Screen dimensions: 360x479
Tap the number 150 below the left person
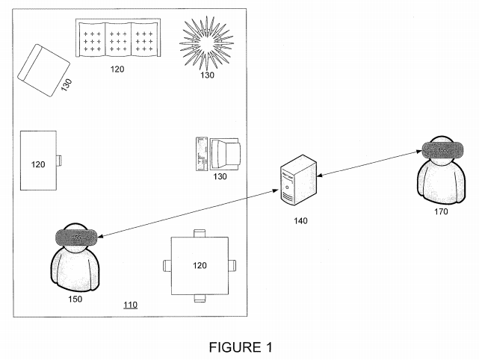click(75, 300)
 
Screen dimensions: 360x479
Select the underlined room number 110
click(130, 305)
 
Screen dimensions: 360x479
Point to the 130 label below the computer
click(220, 177)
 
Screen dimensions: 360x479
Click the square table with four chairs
click(199, 265)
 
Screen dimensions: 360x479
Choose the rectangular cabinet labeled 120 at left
click(39, 161)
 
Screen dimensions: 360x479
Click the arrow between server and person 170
click(365, 164)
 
